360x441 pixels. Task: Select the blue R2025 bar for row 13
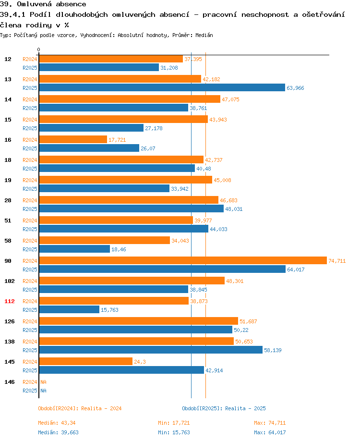162,87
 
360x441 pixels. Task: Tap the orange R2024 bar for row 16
72,139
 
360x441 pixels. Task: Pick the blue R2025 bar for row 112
69,309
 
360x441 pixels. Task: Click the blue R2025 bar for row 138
151,350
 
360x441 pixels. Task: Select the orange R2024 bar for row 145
85,361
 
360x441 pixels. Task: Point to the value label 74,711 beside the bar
337,261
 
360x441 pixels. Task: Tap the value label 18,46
119,249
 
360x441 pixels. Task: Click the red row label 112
10,301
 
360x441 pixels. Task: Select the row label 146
10,382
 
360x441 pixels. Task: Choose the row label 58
8,241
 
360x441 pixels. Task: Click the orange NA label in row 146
43,382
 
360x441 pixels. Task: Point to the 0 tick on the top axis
39,49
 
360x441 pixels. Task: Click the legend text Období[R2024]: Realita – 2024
80,408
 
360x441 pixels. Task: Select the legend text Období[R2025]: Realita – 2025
224,408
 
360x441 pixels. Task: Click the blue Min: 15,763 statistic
174,432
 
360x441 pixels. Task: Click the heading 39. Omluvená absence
43,4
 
